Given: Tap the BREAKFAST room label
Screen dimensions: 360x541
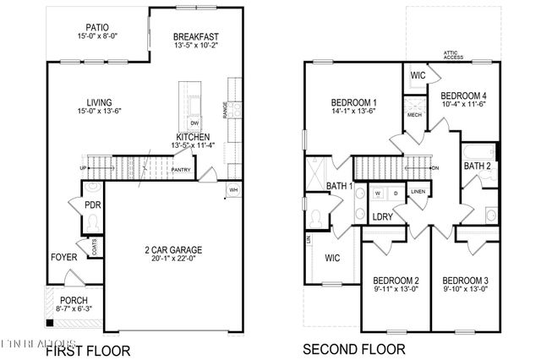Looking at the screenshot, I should point(196,37).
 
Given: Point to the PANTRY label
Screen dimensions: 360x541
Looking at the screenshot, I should point(181,170).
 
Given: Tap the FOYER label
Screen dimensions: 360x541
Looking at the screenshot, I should point(64,257).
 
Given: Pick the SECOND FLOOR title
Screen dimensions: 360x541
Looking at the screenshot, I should point(354,348).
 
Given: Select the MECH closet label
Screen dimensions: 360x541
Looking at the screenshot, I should point(414,113).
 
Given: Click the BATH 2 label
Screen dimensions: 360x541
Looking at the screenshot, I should point(478,166).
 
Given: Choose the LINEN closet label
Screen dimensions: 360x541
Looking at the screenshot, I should point(418,192).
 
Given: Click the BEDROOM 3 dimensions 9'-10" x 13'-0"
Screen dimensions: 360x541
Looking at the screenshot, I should point(467,289).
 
